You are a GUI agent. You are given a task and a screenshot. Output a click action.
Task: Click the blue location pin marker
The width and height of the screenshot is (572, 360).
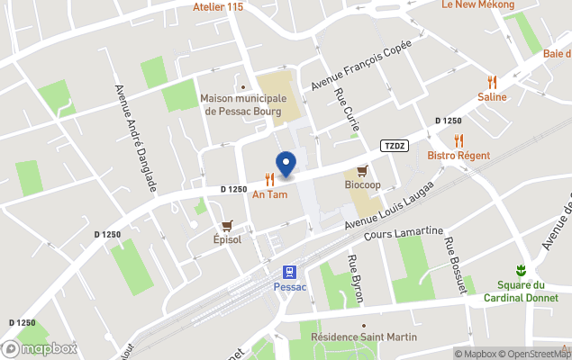click(x=286, y=165)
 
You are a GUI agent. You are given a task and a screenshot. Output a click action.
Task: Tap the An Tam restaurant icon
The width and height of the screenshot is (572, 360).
click(x=269, y=179)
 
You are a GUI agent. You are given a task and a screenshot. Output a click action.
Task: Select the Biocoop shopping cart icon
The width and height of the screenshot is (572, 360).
click(x=362, y=170)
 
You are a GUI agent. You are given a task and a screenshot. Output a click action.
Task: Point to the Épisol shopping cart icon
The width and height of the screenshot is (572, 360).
click(x=227, y=226)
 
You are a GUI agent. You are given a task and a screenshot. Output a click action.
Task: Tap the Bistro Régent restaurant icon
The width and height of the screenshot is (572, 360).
click(x=459, y=140)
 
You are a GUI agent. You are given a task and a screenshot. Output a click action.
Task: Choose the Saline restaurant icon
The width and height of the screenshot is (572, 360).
click(x=492, y=82)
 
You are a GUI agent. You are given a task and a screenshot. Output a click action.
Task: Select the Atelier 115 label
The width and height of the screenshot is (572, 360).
click(x=218, y=7)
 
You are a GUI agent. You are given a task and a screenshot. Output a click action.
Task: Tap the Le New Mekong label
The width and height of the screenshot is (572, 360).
click(x=477, y=5)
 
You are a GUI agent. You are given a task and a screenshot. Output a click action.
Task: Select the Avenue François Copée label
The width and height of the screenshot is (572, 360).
click(x=361, y=64)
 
